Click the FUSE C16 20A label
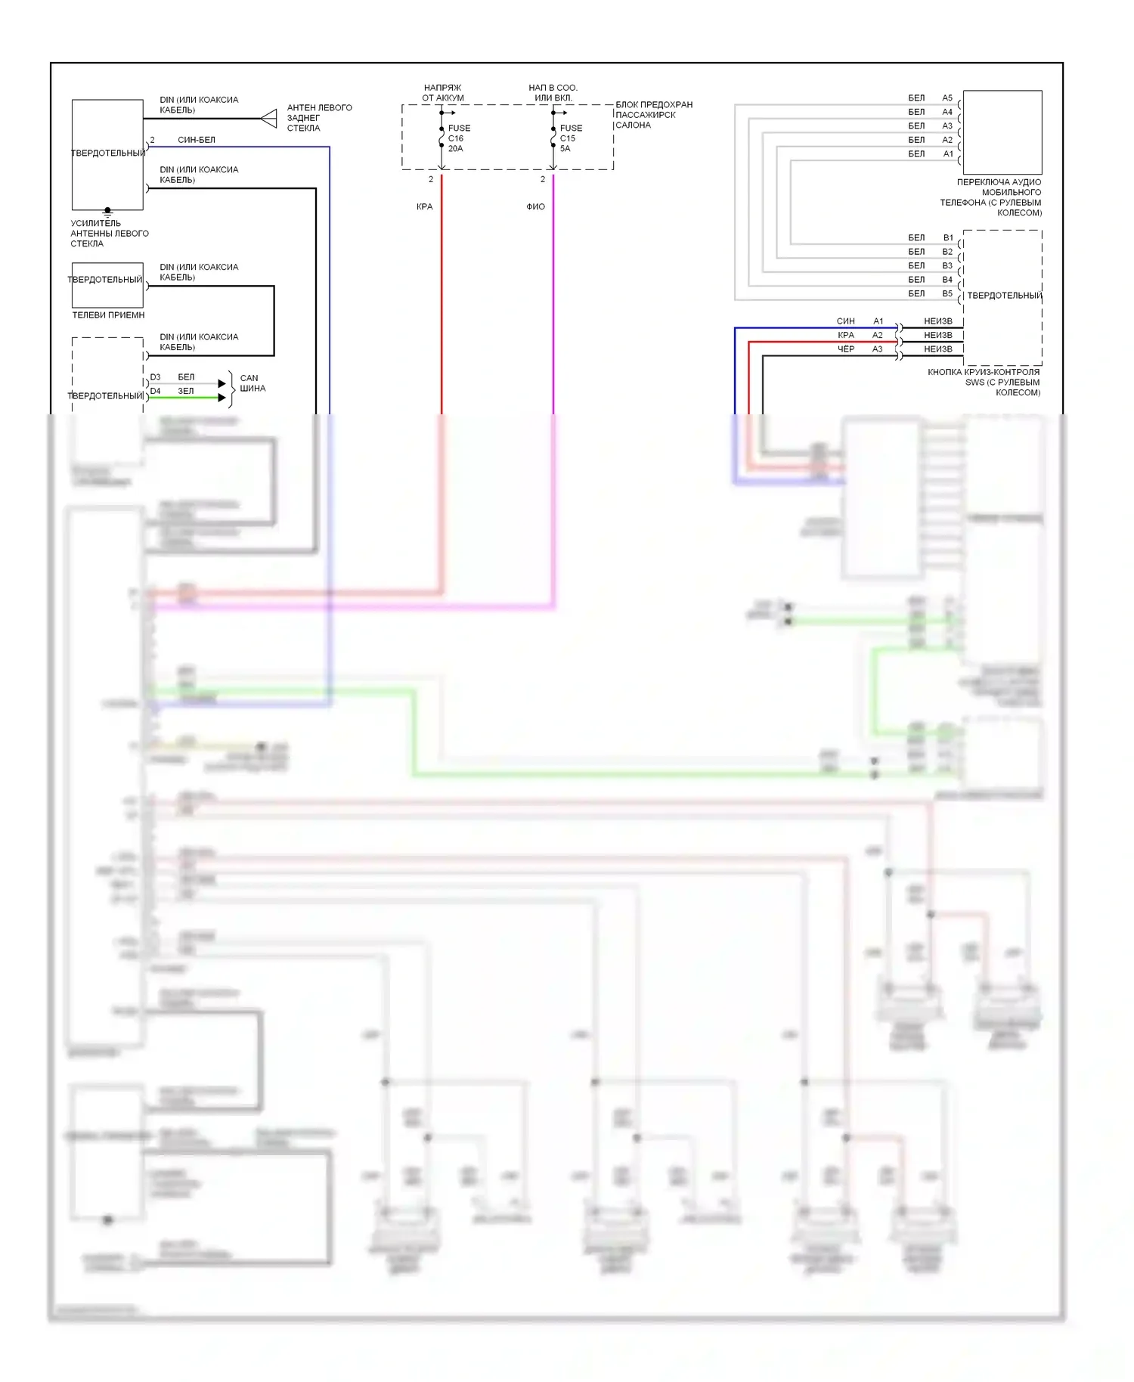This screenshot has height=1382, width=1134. [458, 138]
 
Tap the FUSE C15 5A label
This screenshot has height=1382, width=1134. [570, 138]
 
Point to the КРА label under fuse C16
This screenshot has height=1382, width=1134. [424, 206]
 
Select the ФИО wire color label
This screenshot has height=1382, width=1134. [535, 206]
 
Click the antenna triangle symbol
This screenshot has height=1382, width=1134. [269, 119]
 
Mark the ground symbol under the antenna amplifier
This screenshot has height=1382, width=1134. [107, 212]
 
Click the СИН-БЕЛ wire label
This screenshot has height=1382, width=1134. [197, 140]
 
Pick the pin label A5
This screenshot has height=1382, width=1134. [947, 98]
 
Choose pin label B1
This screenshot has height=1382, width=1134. [948, 237]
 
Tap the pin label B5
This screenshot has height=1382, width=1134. [947, 293]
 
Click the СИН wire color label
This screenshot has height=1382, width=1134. [845, 321]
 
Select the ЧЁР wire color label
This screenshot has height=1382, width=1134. [845, 349]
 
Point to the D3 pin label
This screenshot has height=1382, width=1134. [155, 377]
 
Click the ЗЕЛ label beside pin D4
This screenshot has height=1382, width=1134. [186, 391]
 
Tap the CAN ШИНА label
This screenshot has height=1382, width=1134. [253, 383]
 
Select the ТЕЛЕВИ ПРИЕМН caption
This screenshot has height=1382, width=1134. [108, 315]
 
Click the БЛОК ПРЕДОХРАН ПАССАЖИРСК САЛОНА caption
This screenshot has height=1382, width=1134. [653, 115]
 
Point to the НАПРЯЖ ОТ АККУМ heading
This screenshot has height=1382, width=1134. [443, 93]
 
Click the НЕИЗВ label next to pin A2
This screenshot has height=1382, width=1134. [937, 335]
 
